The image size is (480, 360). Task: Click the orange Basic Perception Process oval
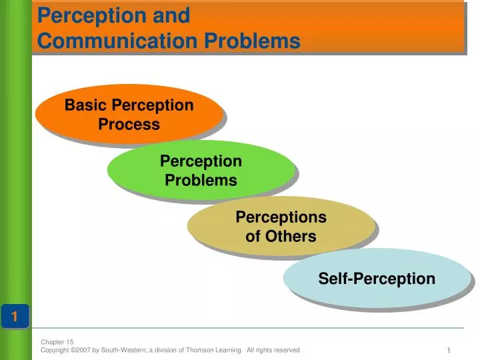(129, 113)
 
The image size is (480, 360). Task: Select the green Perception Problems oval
(201, 170)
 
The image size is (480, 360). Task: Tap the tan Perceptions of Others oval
(281, 226)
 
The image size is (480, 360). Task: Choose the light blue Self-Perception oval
(377, 278)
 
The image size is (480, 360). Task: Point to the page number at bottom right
(449, 351)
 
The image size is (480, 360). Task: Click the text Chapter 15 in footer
(57, 341)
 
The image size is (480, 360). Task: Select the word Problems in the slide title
(252, 41)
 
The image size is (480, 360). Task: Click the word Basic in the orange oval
(86, 105)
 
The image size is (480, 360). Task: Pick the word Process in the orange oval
(129, 124)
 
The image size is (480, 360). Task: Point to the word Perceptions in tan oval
(281, 217)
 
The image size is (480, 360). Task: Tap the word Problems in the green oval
(201, 180)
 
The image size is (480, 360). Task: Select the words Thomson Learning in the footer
(217, 350)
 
